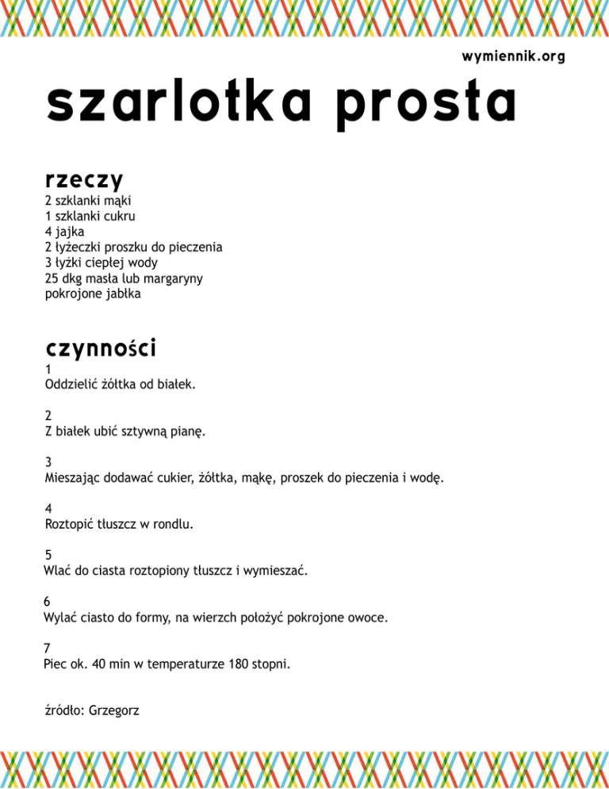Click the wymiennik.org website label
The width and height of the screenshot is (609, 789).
pyautogui.click(x=512, y=57)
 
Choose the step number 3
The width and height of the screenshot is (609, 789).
pyautogui.click(x=48, y=462)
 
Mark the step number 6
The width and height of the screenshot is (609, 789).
pyautogui.click(x=48, y=601)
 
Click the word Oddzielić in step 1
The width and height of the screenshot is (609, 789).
pyautogui.click(x=71, y=385)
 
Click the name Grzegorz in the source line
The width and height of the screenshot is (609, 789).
pyautogui.click(x=115, y=710)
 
